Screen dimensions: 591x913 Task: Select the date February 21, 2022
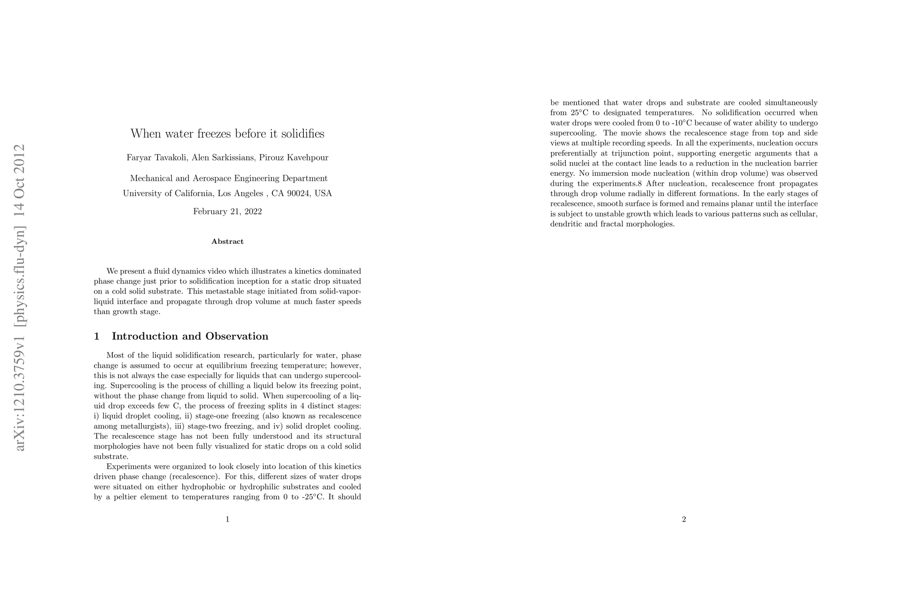click(x=228, y=212)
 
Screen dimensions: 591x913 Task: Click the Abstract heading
click(x=228, y=241)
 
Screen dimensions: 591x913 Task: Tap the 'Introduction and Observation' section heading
click(x=190, y=336)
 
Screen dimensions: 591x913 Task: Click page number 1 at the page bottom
click(x=228, y=519)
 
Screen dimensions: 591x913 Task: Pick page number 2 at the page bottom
click(x=684, y=519)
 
